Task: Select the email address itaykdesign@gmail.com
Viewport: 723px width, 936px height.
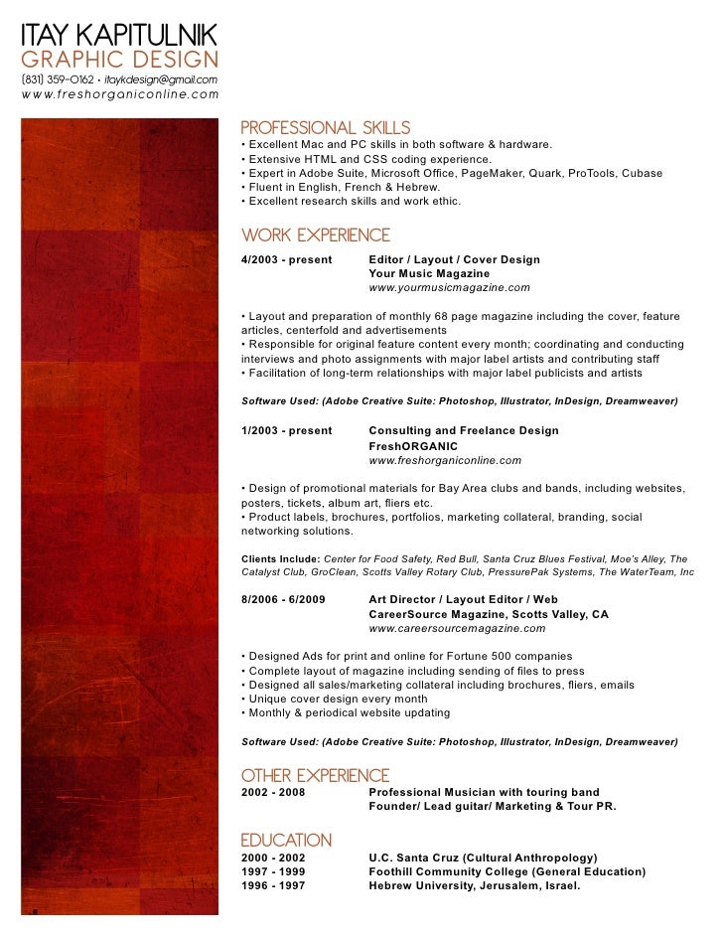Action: [161, 78]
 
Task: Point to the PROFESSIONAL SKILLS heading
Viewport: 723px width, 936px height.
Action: [326, 127]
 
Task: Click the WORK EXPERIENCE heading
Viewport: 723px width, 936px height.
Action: [316, 235]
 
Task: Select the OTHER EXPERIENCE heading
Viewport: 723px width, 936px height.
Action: [316, 775]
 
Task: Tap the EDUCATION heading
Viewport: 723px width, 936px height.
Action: [286, 840]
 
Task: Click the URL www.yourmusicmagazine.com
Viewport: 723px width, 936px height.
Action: [449, 287]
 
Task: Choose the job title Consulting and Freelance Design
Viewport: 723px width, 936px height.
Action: [463, 430]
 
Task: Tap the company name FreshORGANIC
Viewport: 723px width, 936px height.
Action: [414, 446]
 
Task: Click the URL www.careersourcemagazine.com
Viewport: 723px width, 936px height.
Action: [457, 629]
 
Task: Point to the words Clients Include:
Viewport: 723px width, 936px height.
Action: [280, 558]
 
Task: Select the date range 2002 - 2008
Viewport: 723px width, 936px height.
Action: [273, 792]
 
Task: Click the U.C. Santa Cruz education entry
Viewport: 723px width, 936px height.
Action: [483, 857]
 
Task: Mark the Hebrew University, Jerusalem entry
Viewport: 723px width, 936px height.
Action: [474, 886]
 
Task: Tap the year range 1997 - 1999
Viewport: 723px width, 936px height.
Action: [273, 871]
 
